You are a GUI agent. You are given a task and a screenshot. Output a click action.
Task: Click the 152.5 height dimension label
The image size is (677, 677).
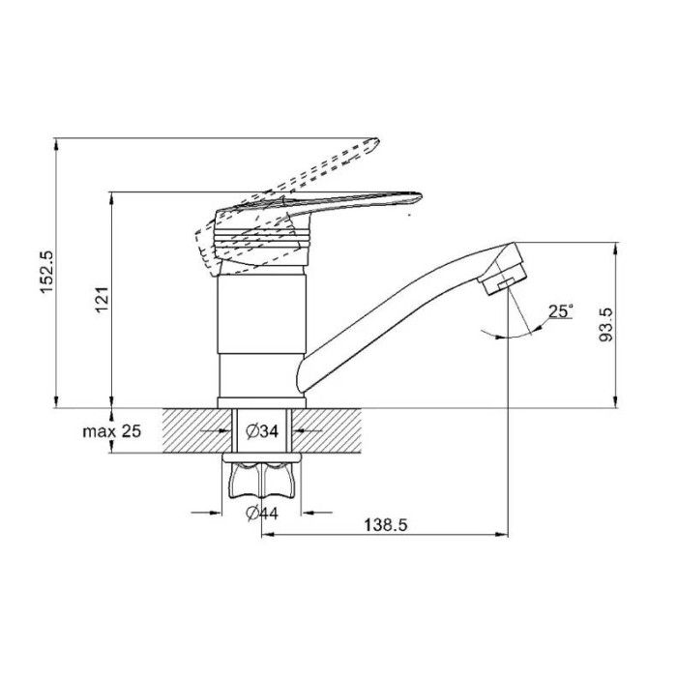[46, 272]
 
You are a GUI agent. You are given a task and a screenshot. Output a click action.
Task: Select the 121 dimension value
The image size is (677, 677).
[102, 299]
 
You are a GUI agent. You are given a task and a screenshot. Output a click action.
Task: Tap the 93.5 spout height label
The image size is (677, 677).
[606, 325]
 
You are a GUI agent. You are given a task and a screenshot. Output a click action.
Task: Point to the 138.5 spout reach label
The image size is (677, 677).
[386, 525]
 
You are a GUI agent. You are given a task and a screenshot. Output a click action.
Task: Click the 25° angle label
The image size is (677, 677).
[560, 311]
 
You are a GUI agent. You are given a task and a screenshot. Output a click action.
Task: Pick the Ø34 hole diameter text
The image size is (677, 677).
[262, 431]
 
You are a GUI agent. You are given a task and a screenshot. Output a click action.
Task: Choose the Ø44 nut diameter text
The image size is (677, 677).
[262, 513]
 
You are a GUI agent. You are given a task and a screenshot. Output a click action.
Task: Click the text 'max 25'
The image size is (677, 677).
[112, 431]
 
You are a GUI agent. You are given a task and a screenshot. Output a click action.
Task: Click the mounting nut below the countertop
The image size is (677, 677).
[262, 480]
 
